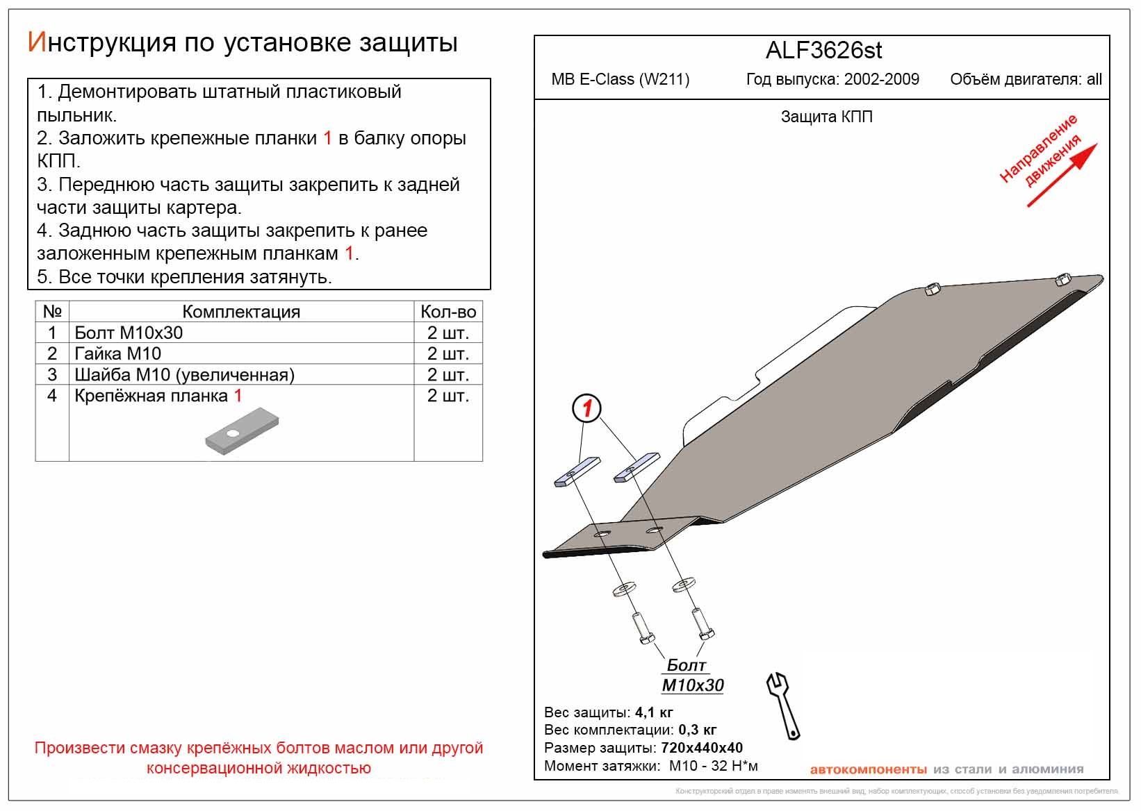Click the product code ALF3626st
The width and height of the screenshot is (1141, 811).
coord(823,51)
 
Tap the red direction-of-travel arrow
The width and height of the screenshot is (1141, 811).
coord(1062,175)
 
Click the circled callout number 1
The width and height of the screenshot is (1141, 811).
coord(587,408)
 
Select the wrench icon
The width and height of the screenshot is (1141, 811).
coord(783,703)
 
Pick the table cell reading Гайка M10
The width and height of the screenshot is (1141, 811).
coord(117,353)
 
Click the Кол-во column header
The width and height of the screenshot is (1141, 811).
coord(448,312)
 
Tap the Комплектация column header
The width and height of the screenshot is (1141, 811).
coord(241,312)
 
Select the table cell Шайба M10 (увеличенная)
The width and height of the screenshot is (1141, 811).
coord(184,375)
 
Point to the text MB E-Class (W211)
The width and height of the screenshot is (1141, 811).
coord(620,79)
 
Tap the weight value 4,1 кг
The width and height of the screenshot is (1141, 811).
coord(654,712)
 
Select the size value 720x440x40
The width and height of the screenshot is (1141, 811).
coord(701,749)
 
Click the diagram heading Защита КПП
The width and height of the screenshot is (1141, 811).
coord(826,117)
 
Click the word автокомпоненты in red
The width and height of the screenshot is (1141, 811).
coord(868,769)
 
